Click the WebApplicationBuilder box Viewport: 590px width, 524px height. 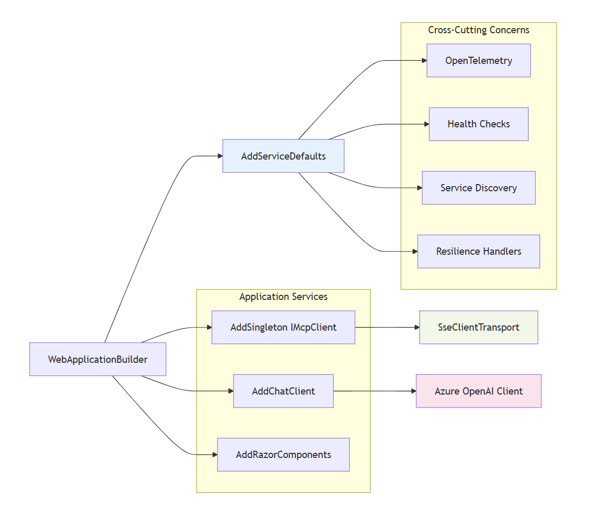tap(97, 359)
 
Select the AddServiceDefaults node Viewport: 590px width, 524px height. tap(283, 156)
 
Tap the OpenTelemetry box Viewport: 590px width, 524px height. tap(478, 61)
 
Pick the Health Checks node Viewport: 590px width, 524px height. tap(478, 124)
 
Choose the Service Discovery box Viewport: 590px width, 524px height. tap(478, 188)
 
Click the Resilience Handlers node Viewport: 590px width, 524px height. tap(478, 252)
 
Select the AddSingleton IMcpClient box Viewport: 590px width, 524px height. tap(283, 327)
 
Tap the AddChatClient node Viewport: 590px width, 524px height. tap(283, 391)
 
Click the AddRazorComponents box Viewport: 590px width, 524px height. tap(283, 455)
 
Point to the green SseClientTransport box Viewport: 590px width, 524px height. tap(478, 327)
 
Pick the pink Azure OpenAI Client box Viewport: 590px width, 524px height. tap(478, 391)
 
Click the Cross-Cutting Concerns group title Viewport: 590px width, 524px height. tap(478, 30)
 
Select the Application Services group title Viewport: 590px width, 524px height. tap(283, 297)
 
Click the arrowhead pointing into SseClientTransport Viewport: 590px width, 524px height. tap(416, 327)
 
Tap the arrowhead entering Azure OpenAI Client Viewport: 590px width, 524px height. tap(413, 391)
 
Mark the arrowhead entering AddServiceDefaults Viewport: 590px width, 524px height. tap(219, 156)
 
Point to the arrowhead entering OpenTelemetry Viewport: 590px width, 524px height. tap(424, 61)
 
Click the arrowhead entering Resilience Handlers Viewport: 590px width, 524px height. tap(414, 252)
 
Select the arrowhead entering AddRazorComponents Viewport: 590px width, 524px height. tap(214, 455)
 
